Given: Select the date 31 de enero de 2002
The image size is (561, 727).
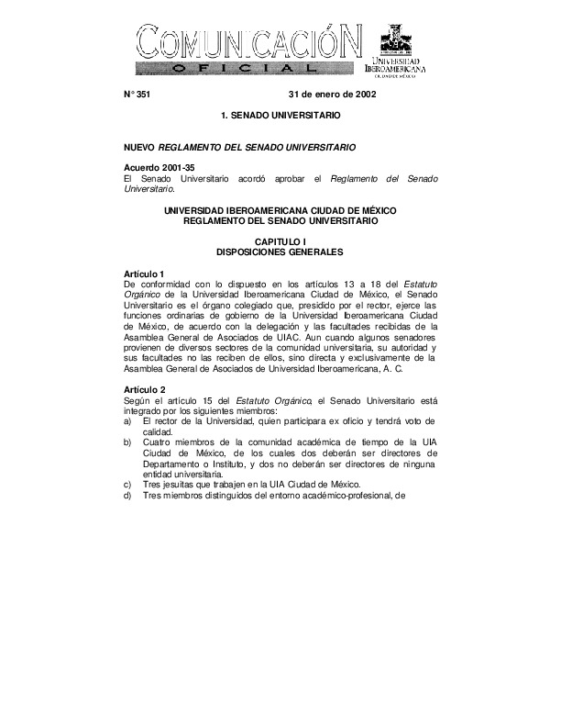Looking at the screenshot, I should click(331, 95).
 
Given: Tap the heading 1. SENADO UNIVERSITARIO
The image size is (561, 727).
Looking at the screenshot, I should click(280, 118).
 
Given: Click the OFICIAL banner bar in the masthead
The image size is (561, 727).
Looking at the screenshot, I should click(243, 69).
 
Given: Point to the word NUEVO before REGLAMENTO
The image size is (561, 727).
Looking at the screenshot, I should click(139, 147).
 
